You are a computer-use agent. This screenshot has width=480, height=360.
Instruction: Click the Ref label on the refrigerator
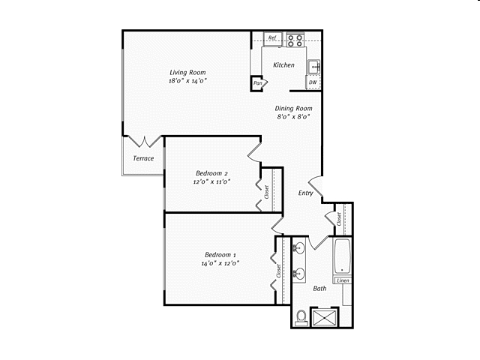(x=272, y=37)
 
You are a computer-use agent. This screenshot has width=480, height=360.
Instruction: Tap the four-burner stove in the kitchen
(x=294, y=39)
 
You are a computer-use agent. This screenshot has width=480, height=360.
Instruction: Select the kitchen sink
(x=316, y=65)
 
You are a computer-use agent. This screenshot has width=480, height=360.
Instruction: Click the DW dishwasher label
(x=311, y=82)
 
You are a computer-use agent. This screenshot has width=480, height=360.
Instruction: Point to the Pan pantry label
(x=257, y=83)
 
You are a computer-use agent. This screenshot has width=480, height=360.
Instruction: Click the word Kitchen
(x=283, y=65)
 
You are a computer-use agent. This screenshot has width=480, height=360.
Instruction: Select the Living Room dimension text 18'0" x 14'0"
(x=187, y=80)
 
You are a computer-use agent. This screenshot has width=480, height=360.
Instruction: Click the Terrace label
(x=143, y=158)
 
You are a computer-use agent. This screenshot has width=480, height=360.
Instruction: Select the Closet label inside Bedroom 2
(x=266, y=192)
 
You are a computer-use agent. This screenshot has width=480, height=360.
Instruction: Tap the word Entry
(x=305, y=193)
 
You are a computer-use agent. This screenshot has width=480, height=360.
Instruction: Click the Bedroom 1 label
(x=220, y=255)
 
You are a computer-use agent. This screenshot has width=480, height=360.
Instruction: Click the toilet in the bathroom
(x=301, y=318)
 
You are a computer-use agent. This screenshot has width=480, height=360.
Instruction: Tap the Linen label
(x=342, y=280)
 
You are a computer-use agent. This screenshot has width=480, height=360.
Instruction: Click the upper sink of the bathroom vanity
(x=299, y=247)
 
